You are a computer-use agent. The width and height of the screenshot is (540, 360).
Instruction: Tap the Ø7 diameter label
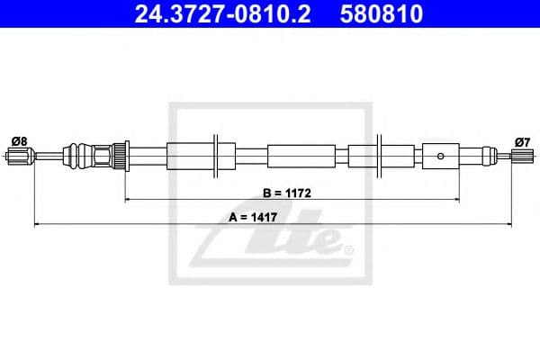tap(521, 140)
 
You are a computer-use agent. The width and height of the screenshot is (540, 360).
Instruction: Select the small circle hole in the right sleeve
tap(440, 156)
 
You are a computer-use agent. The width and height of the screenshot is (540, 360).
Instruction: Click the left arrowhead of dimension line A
tap(37, 224)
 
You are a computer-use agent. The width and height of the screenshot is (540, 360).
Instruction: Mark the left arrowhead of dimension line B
tap(128, 199)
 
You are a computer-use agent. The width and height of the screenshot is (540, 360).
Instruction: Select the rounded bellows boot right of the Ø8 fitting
tap(81, 156)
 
